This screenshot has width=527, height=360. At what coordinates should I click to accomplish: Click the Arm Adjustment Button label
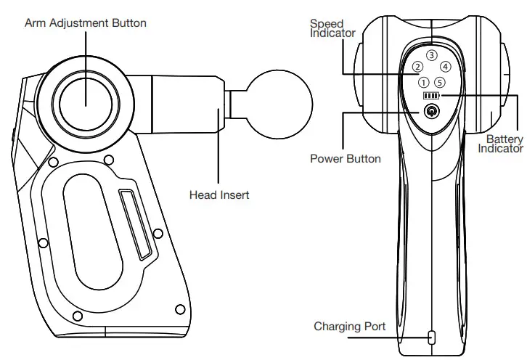coord(86,23)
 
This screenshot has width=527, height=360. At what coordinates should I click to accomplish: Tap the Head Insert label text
coord(219,195)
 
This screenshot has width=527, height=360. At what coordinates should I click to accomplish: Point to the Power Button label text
coord(345,158)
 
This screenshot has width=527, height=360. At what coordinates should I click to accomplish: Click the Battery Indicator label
coord(500,143)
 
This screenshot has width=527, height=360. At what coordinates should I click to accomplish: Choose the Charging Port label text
coord(349,327)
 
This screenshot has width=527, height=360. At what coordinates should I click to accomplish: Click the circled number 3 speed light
coord(432,55)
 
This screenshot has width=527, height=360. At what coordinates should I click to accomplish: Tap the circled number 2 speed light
coord(417,67)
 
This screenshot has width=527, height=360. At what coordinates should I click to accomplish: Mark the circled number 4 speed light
coord(446,67)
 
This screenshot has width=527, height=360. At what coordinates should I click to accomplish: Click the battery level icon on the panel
coord(432,96)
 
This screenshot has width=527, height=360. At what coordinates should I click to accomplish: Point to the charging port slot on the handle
coord(432,337)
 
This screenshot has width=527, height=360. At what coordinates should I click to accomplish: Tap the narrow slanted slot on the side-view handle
coord(136,224)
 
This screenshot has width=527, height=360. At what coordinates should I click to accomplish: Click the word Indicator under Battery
coord(500,148)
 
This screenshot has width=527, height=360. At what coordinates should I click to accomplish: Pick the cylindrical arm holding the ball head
coord(187,108)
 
